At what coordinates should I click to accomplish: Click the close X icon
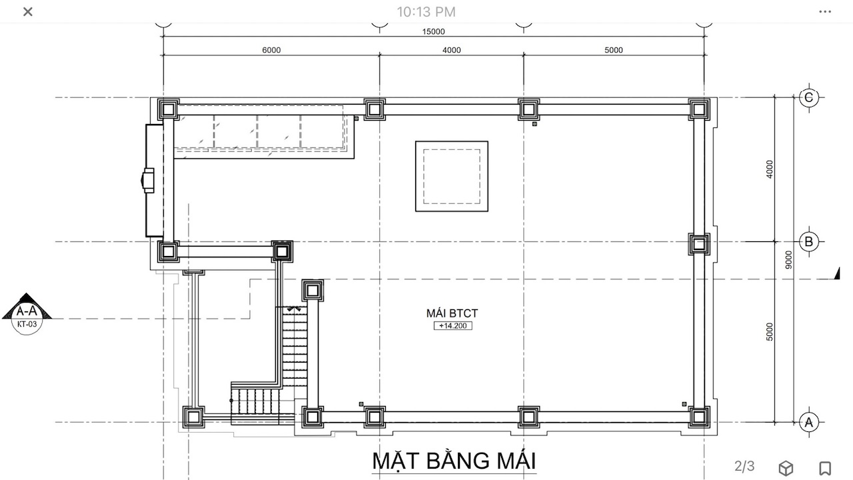[28, 12]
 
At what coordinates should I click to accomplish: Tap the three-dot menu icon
[825, 12]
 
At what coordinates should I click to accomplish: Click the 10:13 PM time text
[426, 12]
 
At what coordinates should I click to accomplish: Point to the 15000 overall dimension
[433, 31]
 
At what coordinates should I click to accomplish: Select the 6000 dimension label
[271, 50]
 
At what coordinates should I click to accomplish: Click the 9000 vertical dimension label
[788, 259]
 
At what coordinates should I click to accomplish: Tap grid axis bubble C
[809, 97]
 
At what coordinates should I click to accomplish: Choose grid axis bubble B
[809, 241]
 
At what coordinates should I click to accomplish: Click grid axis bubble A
[809, 422]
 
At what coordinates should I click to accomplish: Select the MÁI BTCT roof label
[452, 313]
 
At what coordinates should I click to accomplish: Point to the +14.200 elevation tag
[452, 326]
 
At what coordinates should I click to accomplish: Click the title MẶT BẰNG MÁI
[454, 461]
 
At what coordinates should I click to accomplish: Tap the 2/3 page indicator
[744, 466]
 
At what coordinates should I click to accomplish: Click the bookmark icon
[825, 468]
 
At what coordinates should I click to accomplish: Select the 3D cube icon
[786, 468]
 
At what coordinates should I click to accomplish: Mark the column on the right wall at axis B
[699, 244]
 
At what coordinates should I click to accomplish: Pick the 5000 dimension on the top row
[614, 50]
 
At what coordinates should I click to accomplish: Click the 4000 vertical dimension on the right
[770, 169]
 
